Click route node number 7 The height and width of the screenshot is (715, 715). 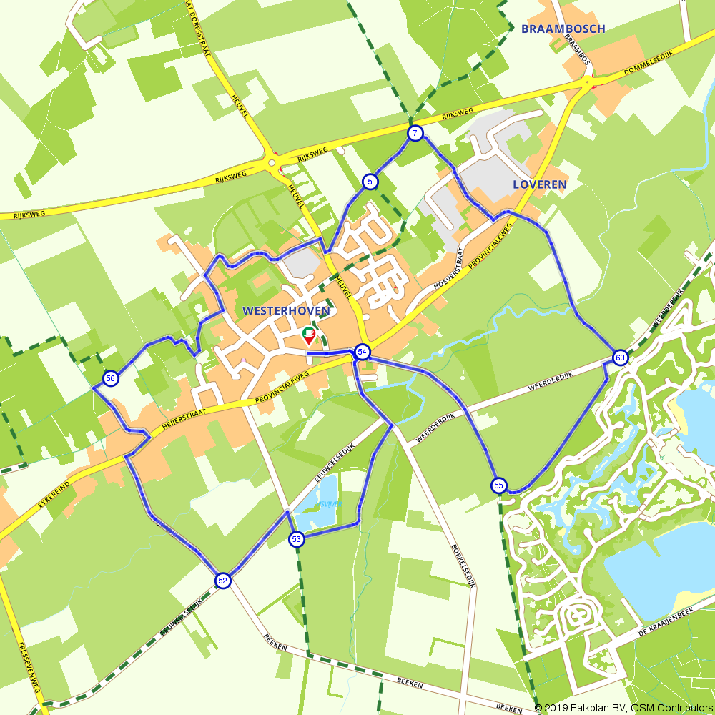click(x=415, y=133)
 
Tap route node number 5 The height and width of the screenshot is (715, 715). click(x=369, y=182)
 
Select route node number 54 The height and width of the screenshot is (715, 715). click(x=363, y=352)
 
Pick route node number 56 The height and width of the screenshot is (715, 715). click(x=110, y=379)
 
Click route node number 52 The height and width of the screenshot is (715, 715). click(x=223, y=581)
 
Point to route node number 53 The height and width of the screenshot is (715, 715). click(x=297, y=539)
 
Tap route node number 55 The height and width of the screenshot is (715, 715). click(x=499, y=486)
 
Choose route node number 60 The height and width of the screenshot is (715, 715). click(x=620, y=357)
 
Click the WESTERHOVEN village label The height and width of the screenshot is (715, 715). click(x=286, y=311)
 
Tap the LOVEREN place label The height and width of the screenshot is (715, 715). click(x=540, y=184)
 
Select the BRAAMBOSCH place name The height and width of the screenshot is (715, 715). click(x=563, y=29)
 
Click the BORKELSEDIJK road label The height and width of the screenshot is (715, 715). click(x=464, y=565)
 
